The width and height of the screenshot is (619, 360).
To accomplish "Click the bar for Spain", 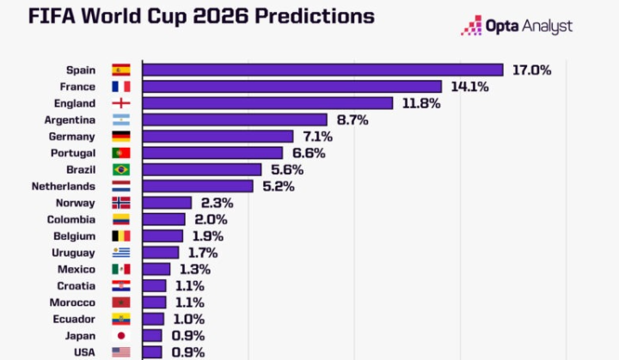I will pos(322,70).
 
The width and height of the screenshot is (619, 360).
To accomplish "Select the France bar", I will pos(291,87).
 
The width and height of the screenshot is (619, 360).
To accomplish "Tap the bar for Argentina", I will pos(235,119).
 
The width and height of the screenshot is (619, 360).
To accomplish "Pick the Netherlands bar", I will pos(198,186).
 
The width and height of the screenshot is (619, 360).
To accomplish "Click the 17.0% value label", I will pos(531,70).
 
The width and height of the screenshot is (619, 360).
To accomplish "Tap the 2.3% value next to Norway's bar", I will pos(218,203).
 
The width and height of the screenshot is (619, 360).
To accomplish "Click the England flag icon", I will pos(121,103).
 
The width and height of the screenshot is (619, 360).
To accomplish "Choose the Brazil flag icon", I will pos(121,169).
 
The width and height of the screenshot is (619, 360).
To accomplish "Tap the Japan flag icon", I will pos(121,335).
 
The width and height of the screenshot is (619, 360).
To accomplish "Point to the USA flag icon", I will pos(121,352).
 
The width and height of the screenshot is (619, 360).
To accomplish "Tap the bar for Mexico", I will pos(156,269).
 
